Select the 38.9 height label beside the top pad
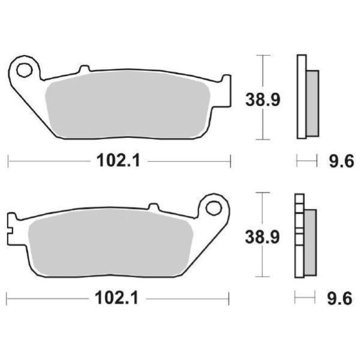(263, 100)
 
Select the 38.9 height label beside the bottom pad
(262, 237)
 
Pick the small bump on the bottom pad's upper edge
(153, 207)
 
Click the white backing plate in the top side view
(301, 97)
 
